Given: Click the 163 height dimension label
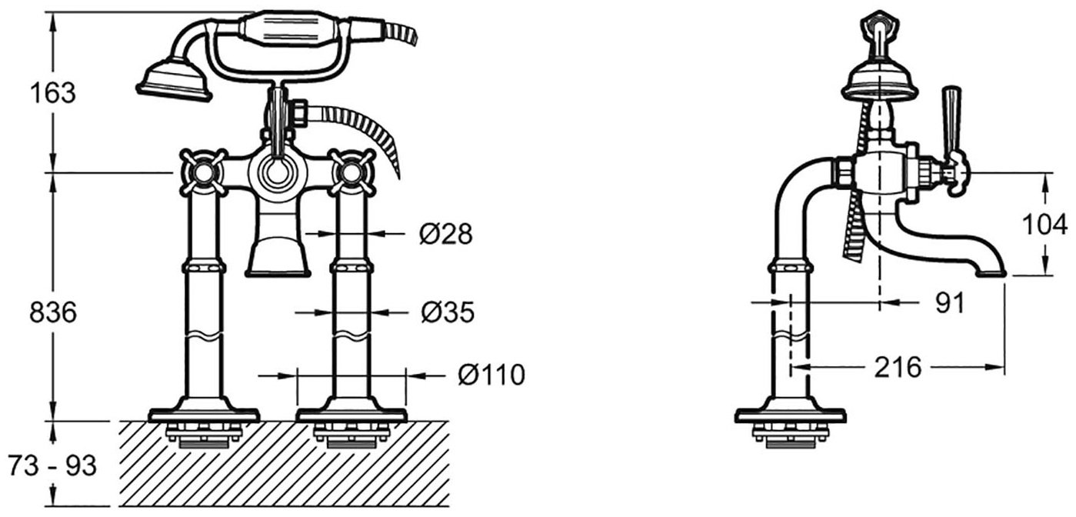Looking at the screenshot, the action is (x=53, y=93).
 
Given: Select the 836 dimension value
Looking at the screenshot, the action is (x=53, y=312).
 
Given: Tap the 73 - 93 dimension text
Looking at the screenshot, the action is (x=53, y=465).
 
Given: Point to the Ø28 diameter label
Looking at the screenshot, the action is (x=446, y=234).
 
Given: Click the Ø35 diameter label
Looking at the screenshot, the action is (x=448, y=312).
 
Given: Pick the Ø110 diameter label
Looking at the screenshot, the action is (x=491, y=375).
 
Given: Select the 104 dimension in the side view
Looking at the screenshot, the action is (x=1044, y=225).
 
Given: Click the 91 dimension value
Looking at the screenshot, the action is (x=950, y=302).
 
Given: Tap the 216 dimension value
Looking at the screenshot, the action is (x=898, y=368).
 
